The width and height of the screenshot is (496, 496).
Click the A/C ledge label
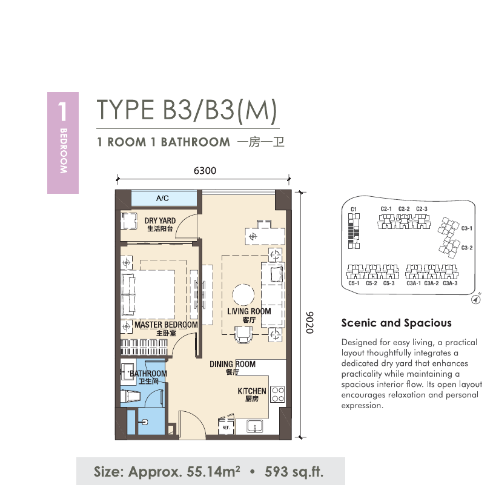162,198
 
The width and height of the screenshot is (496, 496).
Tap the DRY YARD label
160,221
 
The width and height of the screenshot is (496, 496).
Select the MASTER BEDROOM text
166,325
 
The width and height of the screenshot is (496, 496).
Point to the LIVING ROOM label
249,311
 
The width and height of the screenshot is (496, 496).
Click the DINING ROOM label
233,364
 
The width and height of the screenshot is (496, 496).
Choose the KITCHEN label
252,391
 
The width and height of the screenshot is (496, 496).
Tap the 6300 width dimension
205,171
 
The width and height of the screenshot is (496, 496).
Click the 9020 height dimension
309,323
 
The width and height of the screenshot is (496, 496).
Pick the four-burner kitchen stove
277,394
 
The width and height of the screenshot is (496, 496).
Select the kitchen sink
255,426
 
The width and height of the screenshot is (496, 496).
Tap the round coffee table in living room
243,294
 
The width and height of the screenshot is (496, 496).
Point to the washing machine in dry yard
129,220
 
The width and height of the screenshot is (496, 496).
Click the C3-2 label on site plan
467,248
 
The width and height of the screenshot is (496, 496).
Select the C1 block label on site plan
354,210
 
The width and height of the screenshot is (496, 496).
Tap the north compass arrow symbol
476,299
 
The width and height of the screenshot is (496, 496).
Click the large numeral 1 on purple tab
62,111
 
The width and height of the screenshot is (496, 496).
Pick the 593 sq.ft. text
294,472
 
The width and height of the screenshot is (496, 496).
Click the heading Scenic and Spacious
396,323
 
